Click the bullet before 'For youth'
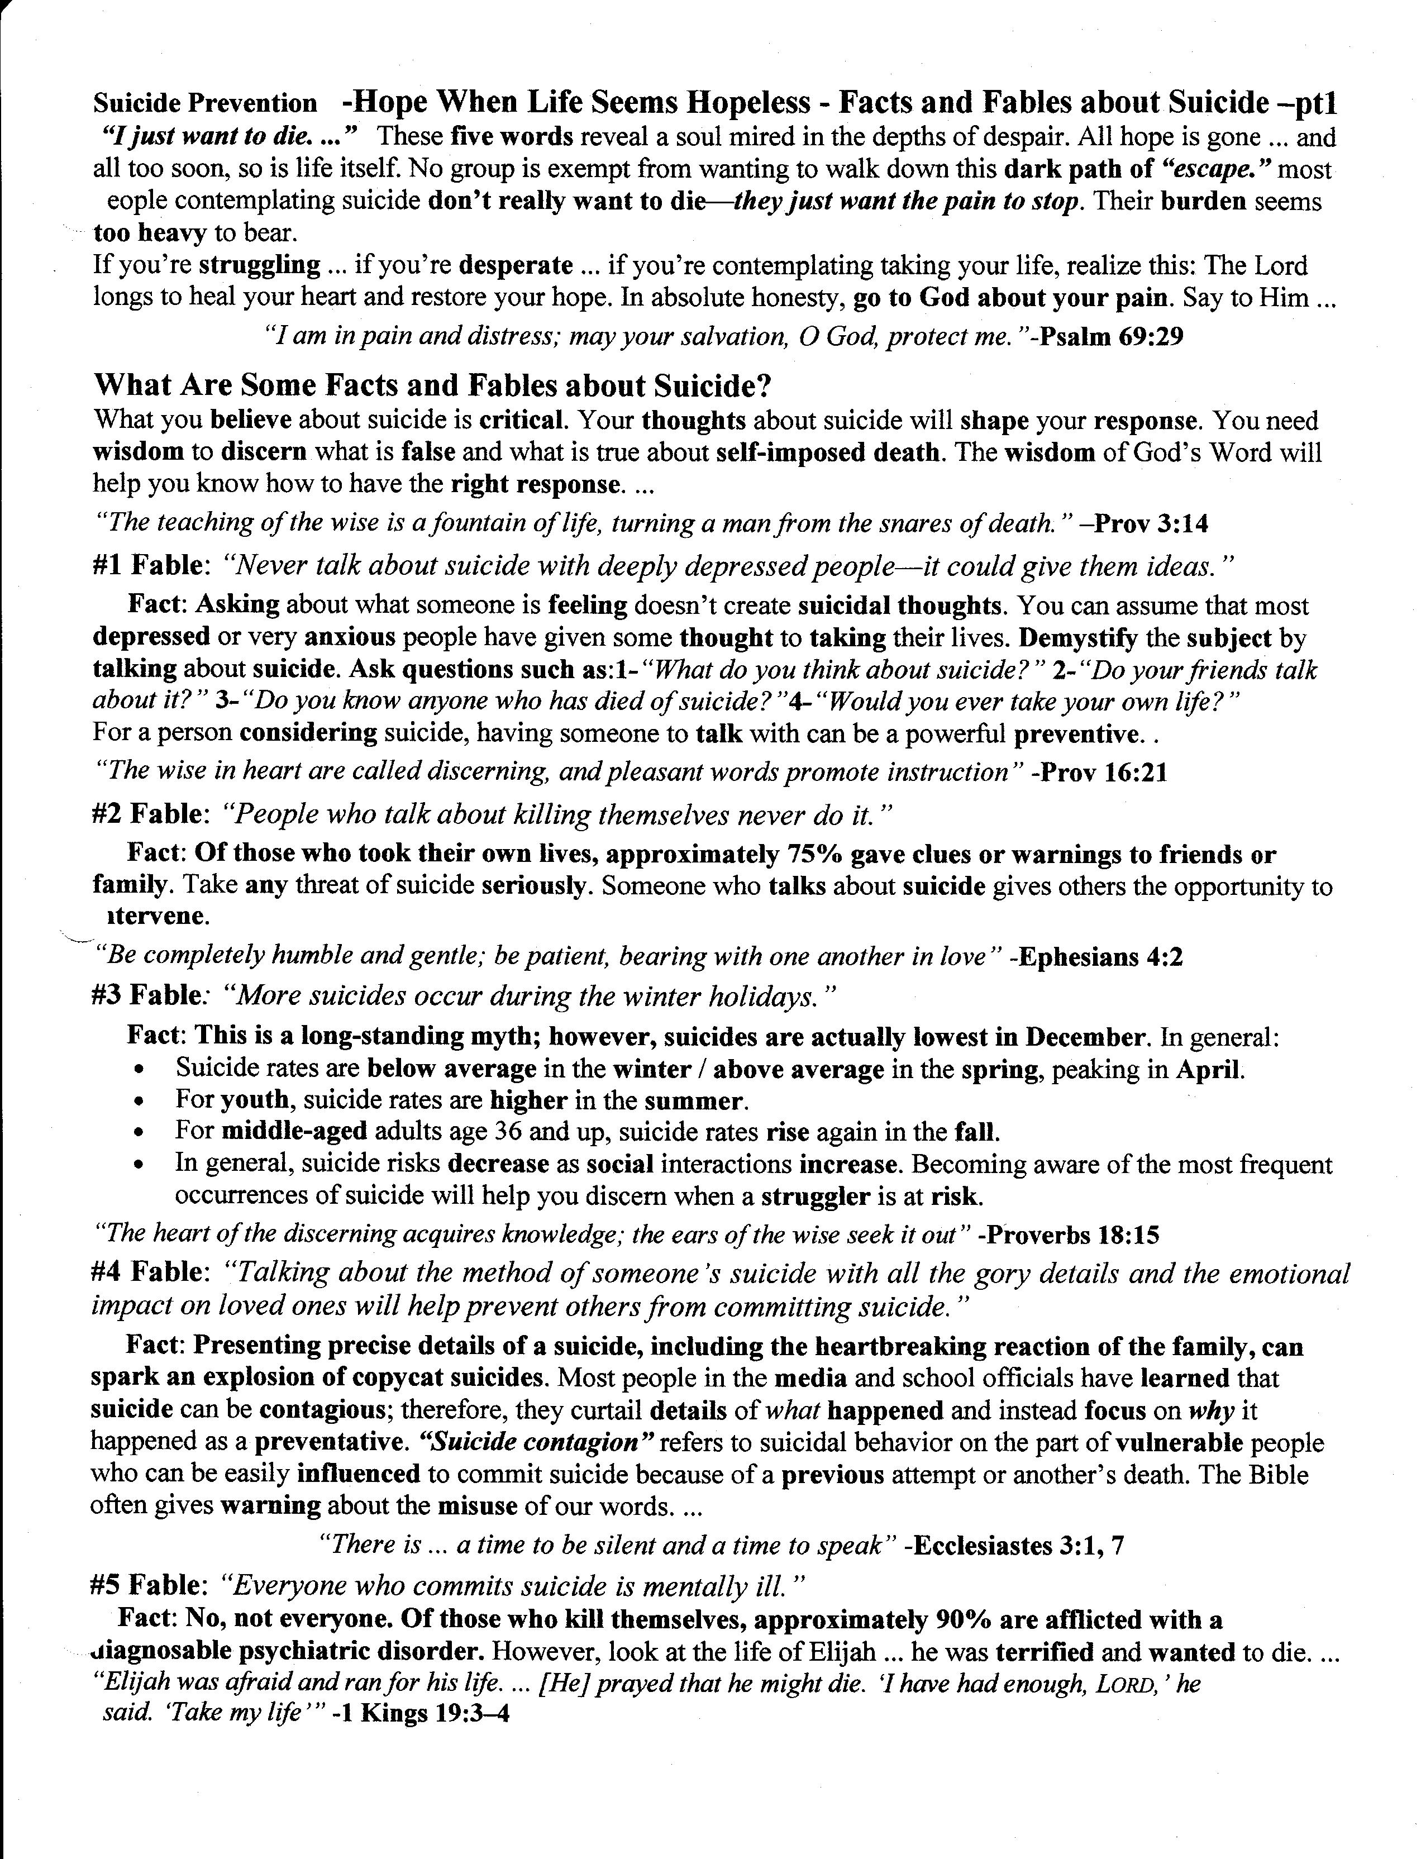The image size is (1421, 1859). pyautogui.click(x=140, y=1103)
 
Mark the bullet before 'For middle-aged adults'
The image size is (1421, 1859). pyautogui.click(x=140, y=1133)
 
